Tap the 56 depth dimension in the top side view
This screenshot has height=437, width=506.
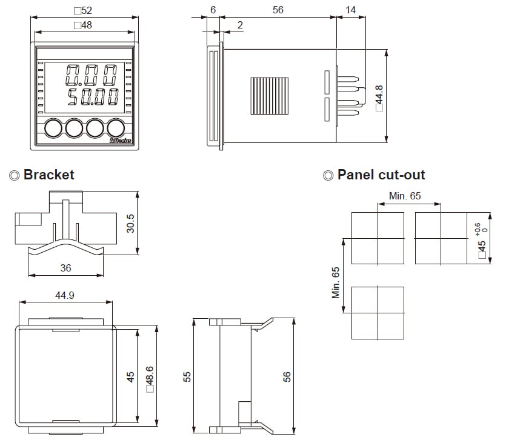coord(278,10)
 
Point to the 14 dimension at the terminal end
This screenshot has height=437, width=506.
coord(350,10)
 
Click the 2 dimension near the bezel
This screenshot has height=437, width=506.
coord(241,25)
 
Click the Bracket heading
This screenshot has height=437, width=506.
coord(48,175)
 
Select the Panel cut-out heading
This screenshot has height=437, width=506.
coord(381,175)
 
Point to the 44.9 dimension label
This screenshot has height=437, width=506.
coord(65,295)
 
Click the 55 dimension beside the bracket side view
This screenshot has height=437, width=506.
coord(187,377)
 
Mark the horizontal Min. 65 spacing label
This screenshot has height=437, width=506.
coord(405,196)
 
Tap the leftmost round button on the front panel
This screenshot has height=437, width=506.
coord(53,128)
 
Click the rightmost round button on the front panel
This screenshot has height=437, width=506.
coord(116,128)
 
